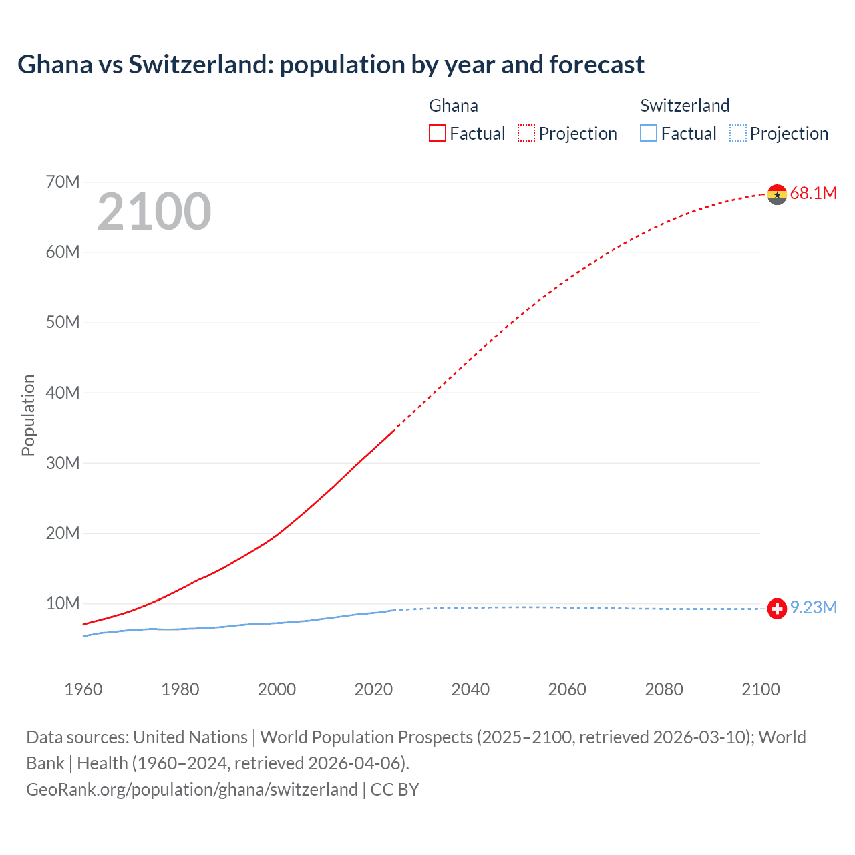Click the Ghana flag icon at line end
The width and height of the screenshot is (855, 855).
[777, 194]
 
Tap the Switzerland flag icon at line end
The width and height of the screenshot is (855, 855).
[777, 609]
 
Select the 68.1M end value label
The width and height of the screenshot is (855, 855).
[813, 194]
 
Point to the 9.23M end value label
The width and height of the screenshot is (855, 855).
[813, 607]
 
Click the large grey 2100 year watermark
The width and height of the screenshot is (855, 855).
[154, 212]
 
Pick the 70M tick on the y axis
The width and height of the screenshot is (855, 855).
[63, 182]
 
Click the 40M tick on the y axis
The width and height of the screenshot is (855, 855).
[63, 393]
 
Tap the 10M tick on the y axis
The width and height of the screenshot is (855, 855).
[63, 604]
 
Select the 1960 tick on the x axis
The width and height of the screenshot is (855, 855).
[83, 689]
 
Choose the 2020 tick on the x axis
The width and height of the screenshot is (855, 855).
[373, 689]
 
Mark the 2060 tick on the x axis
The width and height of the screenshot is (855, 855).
[567, 689]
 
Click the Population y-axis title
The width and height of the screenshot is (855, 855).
[28, 415]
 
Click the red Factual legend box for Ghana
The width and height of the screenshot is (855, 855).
[438, 134]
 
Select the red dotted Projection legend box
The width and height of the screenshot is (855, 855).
[526, 134]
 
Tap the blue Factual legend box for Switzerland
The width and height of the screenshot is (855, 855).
[649, 134]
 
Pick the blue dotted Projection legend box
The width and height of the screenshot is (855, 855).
[737, 134]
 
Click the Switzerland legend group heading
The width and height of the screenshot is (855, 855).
[685, 106]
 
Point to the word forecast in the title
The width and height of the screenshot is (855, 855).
[596, 65]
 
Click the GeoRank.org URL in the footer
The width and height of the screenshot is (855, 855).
[192, 790]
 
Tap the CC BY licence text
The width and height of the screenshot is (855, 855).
[395, 790]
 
